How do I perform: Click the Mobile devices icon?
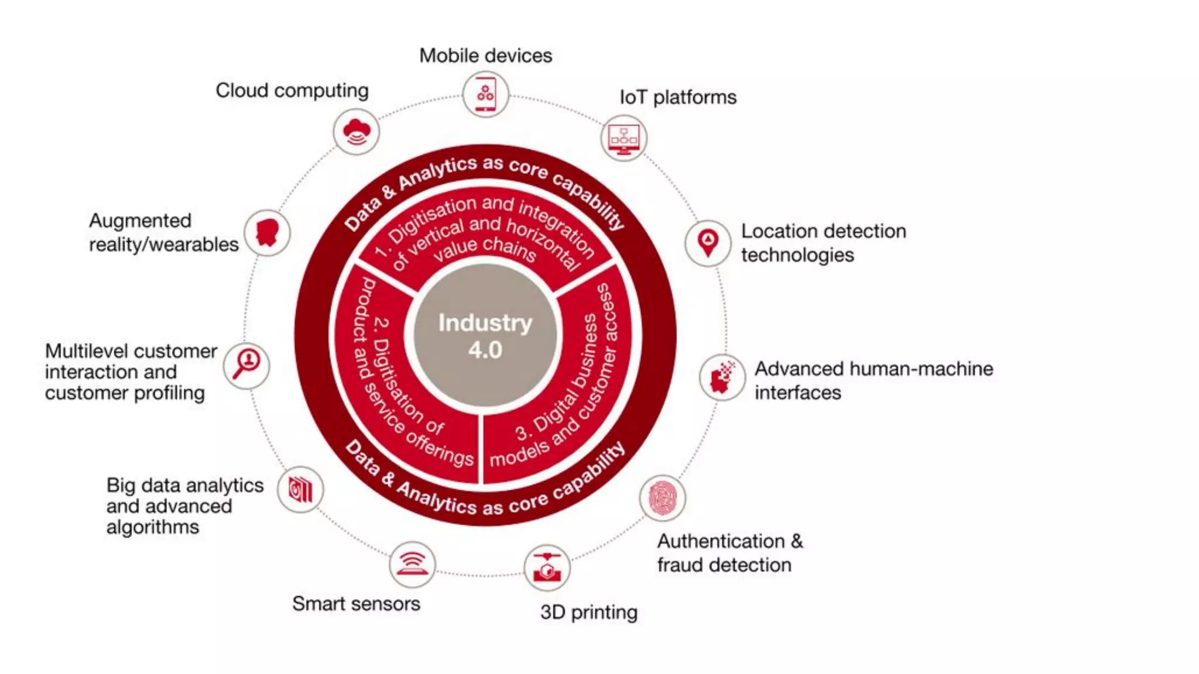[x=485, y=94]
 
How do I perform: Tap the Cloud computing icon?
[x=356, y=132]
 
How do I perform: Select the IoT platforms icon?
[x=624, y=139]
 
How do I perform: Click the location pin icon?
[x=708, y=243]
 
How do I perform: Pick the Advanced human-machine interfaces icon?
[x=722, y=377]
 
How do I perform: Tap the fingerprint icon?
[x=662, y=498]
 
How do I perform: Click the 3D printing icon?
[x=547, y=568]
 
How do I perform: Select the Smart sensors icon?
[x=412, y=565]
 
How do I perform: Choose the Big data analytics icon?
[x=300, y=490]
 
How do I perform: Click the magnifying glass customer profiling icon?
[x=246, y=365]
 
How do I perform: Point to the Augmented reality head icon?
[x=268, y=233]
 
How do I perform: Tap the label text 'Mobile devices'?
[x=485, y=56]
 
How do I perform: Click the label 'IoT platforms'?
[x=678, y=97]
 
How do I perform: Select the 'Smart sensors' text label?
[x=356, y=603]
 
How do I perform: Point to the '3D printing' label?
[x=588, y=612]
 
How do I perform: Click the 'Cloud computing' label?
[x=292, y=91]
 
